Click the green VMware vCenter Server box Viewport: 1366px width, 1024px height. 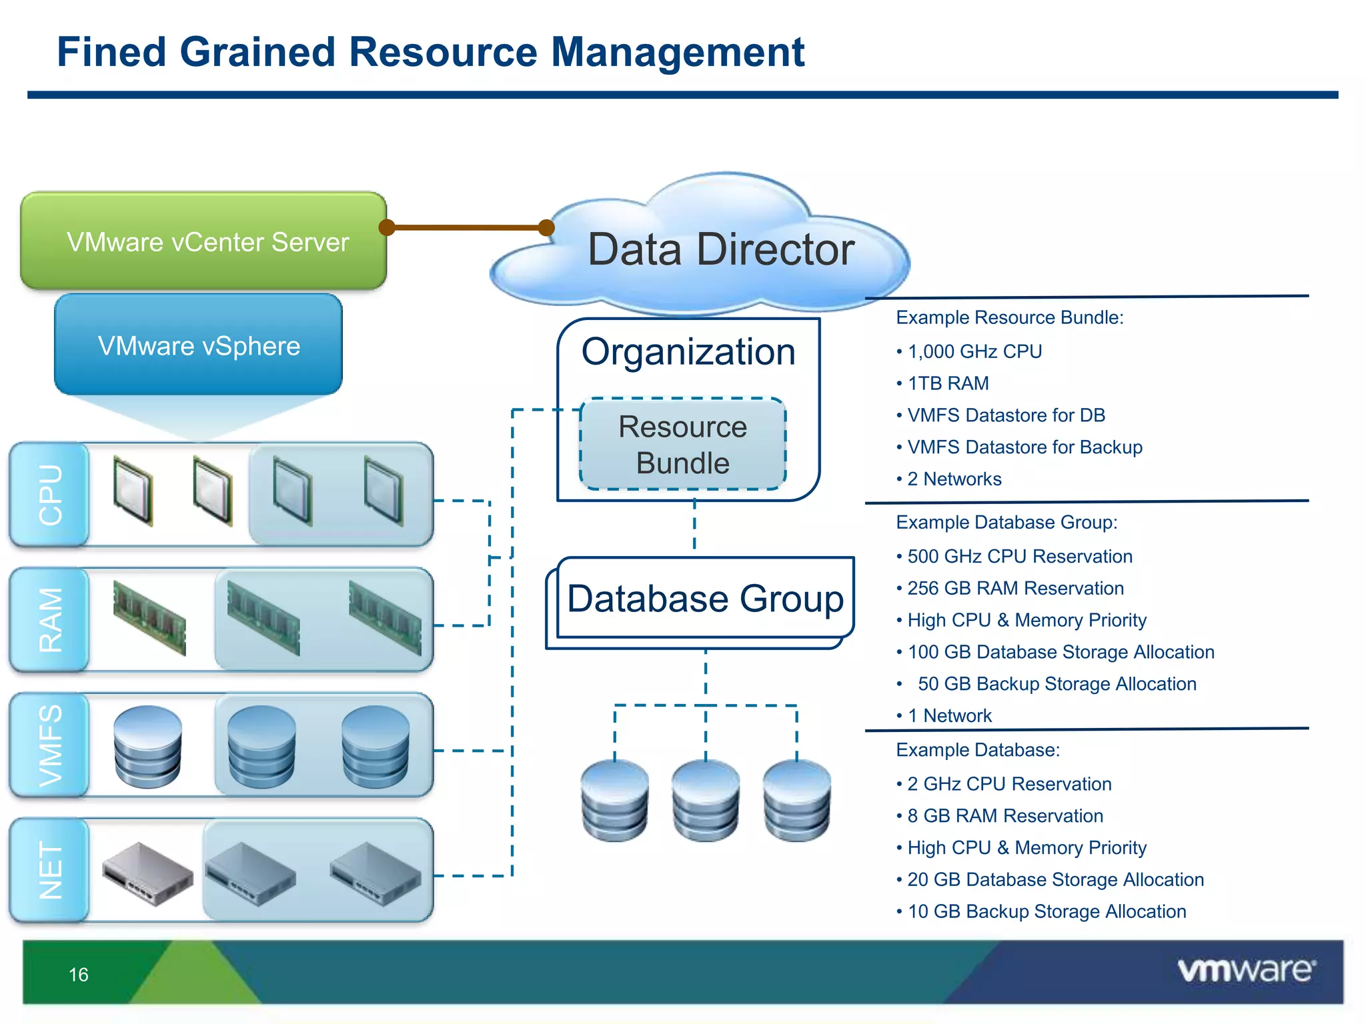(203, 241)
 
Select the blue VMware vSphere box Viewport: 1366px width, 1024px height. (199, 345)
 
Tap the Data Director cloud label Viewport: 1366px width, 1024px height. (720, 249)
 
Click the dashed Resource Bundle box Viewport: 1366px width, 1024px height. (682, 445)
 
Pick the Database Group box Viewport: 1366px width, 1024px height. (705, 598)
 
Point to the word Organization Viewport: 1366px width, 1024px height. (688, 351)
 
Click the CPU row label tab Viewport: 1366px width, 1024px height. (50, 495)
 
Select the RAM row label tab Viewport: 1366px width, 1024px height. (50, 620)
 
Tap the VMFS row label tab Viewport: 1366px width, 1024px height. (50, 745)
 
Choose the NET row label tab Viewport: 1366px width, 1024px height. (50, 870)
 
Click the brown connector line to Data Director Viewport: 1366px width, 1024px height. (467, 228)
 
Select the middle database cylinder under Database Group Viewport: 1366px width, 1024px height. (706, 800)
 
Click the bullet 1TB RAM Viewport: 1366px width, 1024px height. (948, 383)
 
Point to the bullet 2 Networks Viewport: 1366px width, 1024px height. (954, 479)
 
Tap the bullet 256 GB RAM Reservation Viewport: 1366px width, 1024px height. (1014, 588)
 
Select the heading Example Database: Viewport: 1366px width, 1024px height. (978, 750)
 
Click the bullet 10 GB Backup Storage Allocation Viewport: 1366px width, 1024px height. (1047, 911)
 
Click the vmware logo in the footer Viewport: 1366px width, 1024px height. (1247, 970)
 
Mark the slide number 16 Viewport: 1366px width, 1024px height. (79, 975)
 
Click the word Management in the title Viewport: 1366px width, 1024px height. (678, 52)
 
